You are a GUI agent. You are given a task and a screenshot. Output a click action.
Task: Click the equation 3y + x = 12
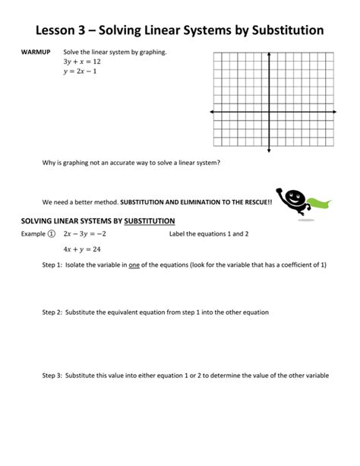coord(81,62)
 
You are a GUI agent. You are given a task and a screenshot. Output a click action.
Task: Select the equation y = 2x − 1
coord(81,72)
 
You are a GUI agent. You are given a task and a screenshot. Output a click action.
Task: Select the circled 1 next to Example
coord(52,234)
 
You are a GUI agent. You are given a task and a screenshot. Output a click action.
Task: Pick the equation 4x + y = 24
coord(82,249)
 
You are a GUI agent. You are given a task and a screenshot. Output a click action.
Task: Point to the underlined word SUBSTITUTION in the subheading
coord(150,221)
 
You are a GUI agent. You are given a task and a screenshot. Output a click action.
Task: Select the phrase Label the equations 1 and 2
coord(209,234)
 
